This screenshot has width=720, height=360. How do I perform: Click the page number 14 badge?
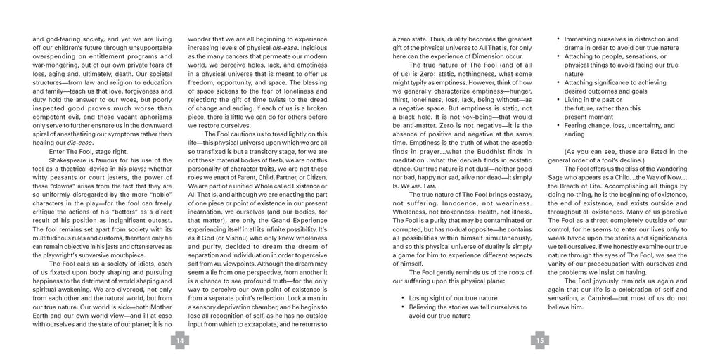point(180,341)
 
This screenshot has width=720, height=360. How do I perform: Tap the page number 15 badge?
point(540,341)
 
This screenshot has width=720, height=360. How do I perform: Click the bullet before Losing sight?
point(402,298)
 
